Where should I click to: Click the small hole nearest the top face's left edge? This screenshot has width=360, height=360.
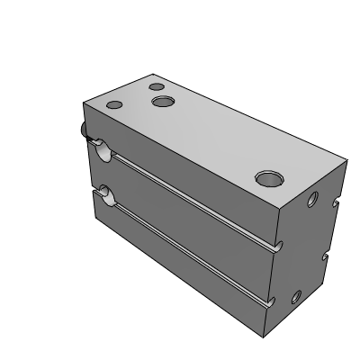coord(113,105)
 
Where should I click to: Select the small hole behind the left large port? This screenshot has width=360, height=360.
coord(156,88)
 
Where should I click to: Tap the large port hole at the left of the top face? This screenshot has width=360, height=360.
coord(163,103)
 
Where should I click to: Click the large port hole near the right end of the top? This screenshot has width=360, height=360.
coord(266,178)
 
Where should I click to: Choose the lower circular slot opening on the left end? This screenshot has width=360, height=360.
coord(106,193)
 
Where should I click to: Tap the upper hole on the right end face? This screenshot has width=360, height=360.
coord(312,199)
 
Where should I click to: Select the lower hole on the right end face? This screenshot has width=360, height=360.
coord(297,296)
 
